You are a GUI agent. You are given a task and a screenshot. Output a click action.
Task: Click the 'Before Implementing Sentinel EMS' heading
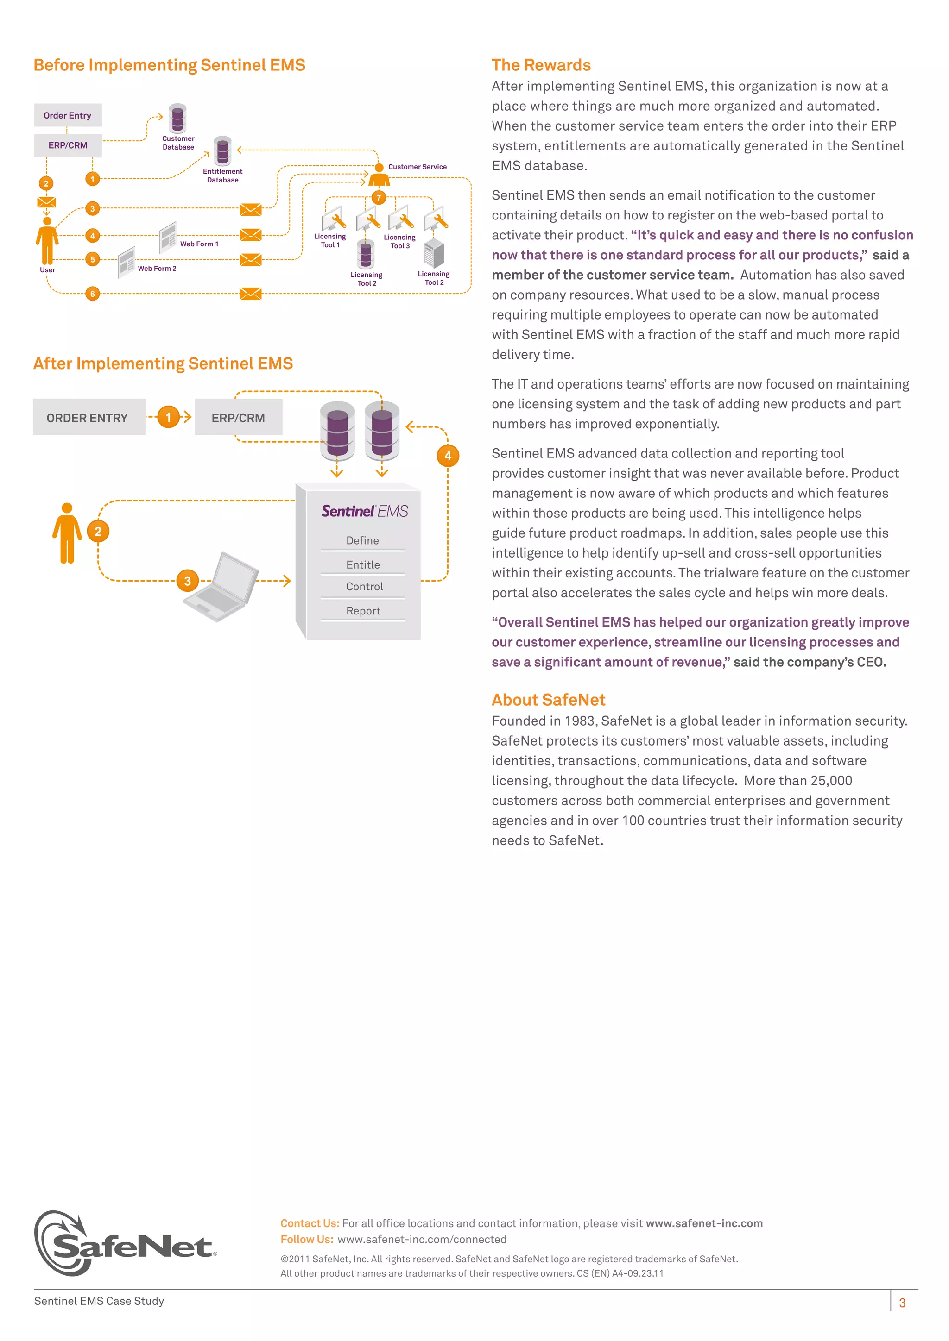170,65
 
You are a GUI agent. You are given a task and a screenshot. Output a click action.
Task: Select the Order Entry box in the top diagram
68,115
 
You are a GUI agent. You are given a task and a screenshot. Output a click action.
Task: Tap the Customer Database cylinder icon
177,118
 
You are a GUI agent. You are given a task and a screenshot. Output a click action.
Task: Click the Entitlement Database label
222,175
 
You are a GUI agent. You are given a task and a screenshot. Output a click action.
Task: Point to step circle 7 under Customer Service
379,197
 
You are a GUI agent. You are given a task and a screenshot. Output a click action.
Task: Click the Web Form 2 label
157,268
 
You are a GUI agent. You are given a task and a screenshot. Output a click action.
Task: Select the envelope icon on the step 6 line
251,293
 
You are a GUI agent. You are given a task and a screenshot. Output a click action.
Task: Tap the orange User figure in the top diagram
47,242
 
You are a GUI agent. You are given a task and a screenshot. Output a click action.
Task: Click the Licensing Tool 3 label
400,241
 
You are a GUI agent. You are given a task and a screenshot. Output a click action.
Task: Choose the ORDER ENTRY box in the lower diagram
88,417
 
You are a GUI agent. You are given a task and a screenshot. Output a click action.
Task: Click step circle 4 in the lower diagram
448,456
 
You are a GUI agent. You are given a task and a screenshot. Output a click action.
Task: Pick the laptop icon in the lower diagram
222,587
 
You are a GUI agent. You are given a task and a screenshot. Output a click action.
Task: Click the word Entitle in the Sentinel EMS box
363,564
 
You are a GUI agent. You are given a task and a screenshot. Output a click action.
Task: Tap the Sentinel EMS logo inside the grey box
365,511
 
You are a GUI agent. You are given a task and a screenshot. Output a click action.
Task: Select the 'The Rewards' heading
541,65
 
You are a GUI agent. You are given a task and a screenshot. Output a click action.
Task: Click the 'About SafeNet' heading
548,699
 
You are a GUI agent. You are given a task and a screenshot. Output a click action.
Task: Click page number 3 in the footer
902,1303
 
